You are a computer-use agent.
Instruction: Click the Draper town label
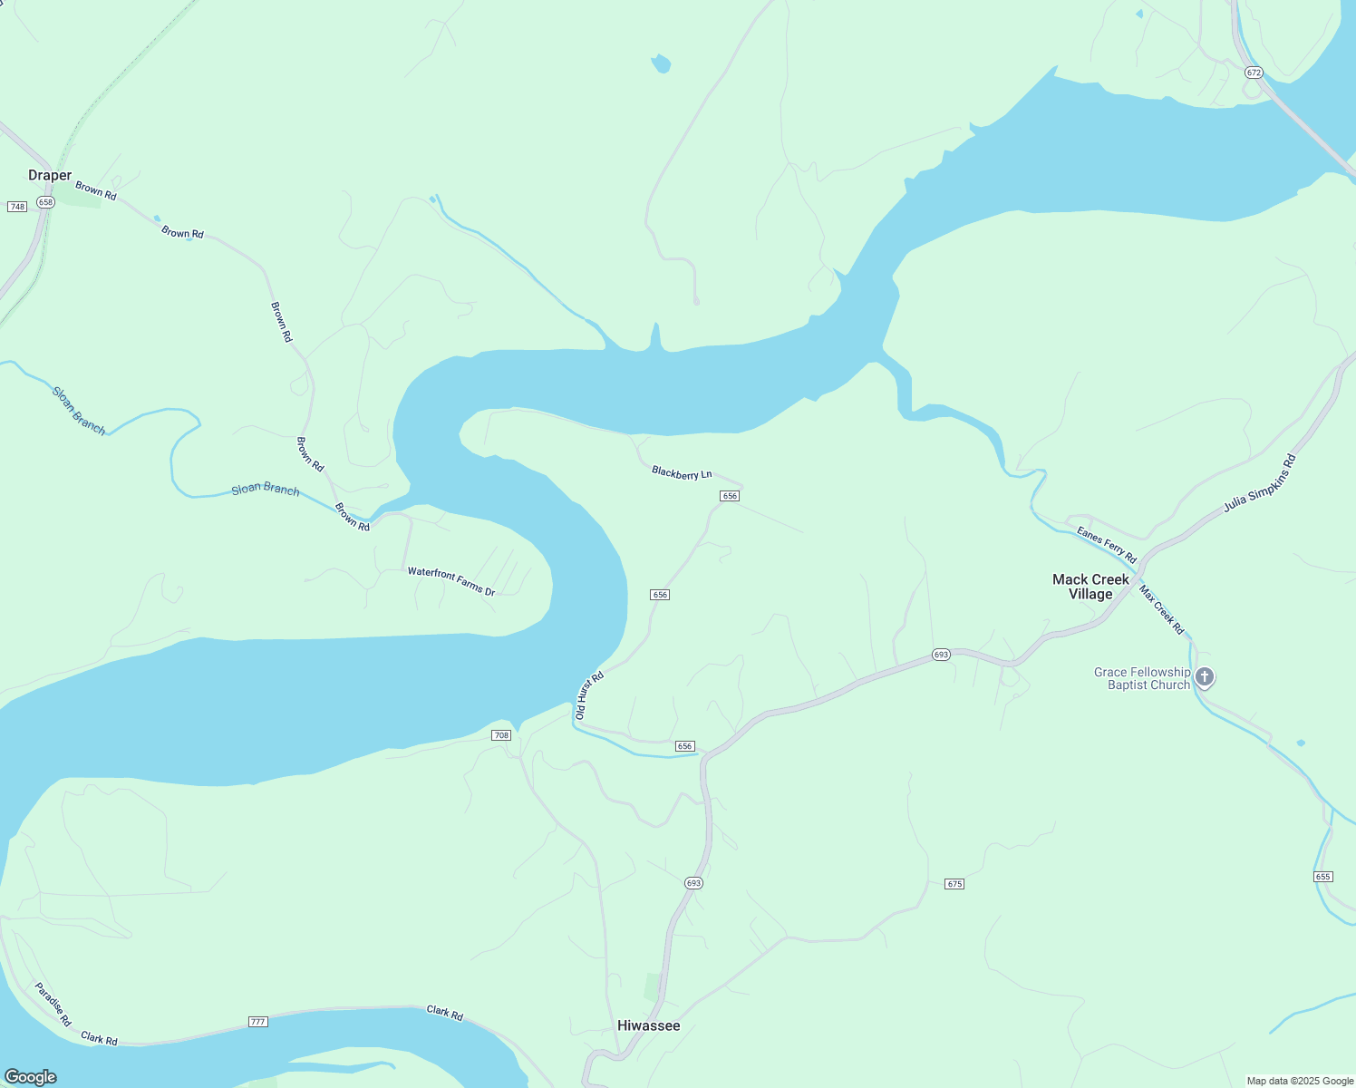coord(50,175)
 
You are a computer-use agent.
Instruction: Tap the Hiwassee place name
coord(648,1025)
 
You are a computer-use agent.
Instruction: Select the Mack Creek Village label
coord(1090,587)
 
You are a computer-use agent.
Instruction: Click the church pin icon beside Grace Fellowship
coord(1205,676)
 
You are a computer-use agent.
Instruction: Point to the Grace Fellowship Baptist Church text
coord(1141,678)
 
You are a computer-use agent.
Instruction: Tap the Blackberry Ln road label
coord(682,472)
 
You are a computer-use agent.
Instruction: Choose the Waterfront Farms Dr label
coord(451,581)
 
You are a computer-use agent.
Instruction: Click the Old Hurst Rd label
coord(588,696)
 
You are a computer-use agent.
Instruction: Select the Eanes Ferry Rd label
coord(1106,544)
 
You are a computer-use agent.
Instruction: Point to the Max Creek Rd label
coord(1162,609)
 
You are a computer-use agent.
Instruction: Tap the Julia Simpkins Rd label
coord(1260,483)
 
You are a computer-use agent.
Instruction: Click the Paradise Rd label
coord(53,1004)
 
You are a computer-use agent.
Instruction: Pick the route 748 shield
coord(17,207)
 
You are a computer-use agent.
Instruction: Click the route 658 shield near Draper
coord(46,202)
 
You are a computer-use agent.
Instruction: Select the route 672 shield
coord(1254,73)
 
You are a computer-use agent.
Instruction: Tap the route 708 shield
coord(501,734)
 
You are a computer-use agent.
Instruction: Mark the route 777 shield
coord(258,1022)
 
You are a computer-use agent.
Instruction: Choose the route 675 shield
coord(954,884)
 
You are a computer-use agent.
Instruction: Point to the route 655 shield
coord(1322,877)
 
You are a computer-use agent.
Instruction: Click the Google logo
coord(30,1077)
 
